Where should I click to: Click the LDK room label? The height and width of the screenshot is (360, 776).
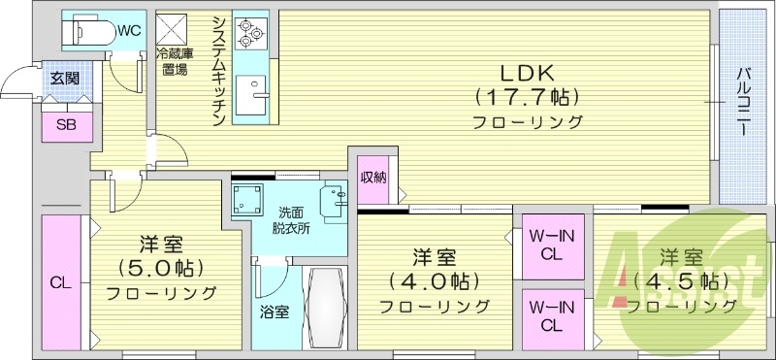527,72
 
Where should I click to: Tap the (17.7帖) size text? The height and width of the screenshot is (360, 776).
527,97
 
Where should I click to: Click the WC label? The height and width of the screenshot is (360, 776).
129,30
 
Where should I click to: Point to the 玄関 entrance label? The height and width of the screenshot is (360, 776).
65,79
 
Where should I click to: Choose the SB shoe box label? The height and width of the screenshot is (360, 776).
65,123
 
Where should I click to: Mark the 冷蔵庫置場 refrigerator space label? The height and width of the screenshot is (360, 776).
175,63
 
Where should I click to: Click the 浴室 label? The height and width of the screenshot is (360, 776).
274,312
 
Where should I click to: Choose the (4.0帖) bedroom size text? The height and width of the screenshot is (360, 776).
434,282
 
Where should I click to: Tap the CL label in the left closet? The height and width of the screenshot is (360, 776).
60,283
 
